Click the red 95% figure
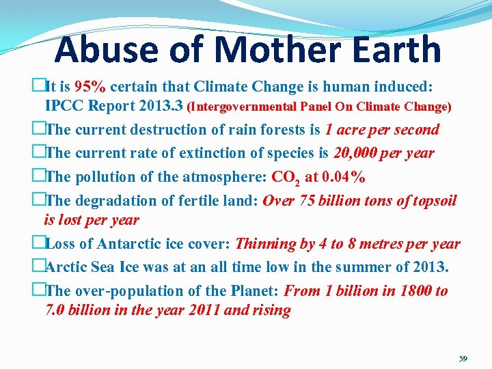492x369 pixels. [90, 87]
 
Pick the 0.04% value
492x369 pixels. [335, 176]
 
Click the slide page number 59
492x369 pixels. [463, 358]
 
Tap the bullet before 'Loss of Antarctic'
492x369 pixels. [38, 244]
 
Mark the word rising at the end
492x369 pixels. [271, 311]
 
